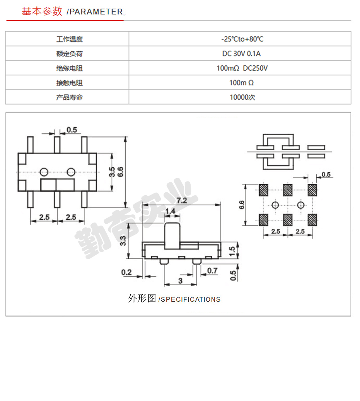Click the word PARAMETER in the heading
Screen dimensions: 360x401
pyautogui.click(x=96, y=12)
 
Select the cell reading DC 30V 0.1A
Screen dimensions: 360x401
pyautogui.click(x=241, y=53)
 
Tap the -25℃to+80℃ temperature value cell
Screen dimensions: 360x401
pyautogui.click(x=242, y=39)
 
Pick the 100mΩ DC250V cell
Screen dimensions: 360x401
pyautogui.click(x=242, y=68)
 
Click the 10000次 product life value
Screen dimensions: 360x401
pyautogui.click(x=242, y=97)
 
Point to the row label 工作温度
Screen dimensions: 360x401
pyautogui.click(x=69, y=39)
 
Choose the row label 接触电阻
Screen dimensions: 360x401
pyautogui.click(x=69, y=83)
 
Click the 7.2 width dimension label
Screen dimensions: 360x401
pyautogui.click(x=182, y=200)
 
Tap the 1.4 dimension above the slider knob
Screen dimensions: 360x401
pyautogui.click(x=170, y=211)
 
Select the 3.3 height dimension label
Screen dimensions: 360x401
pyautogui.click(x=123, y=241)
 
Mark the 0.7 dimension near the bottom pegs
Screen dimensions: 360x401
pyautogui.click(x=212, y=270)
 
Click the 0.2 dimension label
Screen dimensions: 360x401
pyautogui.click(x=126, y=272)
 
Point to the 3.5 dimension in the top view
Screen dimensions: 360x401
pyautogui.click(x=112, y=172)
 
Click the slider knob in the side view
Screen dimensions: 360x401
pyautogui.click(x=172, y=236)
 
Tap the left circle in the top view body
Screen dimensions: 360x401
pyautogui.click(x=44, y=172)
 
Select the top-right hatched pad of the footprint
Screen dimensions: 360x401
pyautogui.click(x=312, y=190)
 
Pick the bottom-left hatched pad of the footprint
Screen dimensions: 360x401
pyautogui.click(x=263, y=220)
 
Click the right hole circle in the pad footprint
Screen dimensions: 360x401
pyautogui.click(x=300, y=205)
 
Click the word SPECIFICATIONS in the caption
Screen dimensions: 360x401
pyautogui.click(x=191, y=299)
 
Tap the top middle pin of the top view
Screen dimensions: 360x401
pyautogui.click(x=57, y=145)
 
